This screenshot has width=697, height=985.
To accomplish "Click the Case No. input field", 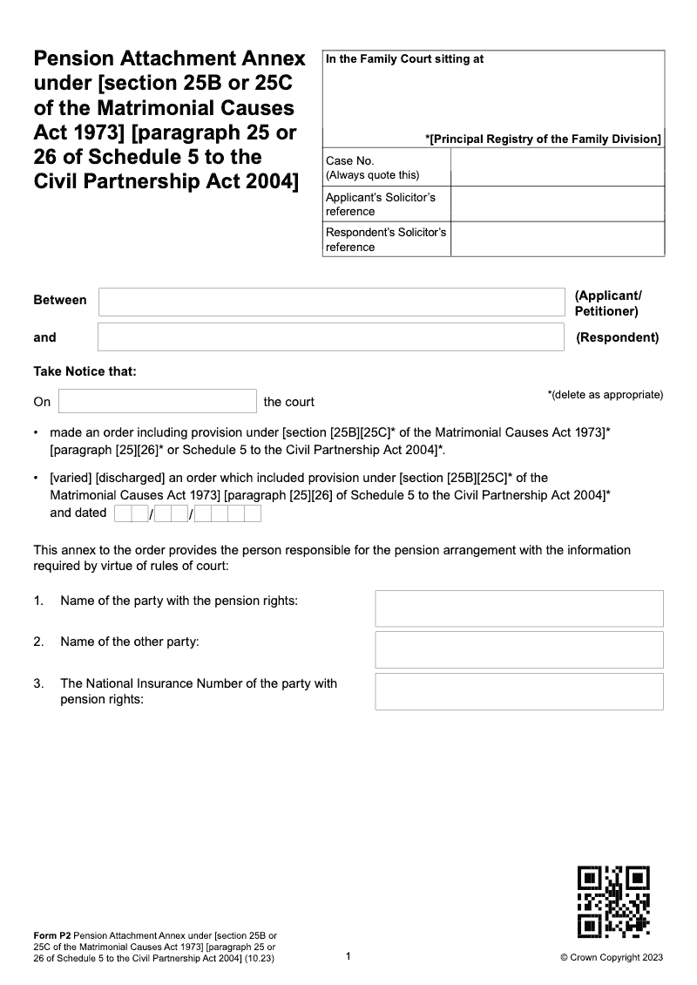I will click(557, 167).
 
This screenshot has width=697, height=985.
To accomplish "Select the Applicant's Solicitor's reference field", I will click(557, 204).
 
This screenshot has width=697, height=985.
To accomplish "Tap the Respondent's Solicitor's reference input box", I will click(557, 240).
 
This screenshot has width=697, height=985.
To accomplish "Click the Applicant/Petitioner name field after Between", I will click(331, 302).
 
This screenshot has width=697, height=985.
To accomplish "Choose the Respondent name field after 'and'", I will click(331, 337).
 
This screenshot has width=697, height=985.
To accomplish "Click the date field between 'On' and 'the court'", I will click(158, 401).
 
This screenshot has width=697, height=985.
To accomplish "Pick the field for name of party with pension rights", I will click(519, 608).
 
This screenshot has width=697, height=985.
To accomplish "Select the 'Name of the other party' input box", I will click(519, 649).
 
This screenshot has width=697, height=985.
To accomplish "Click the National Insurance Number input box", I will click(519, 691).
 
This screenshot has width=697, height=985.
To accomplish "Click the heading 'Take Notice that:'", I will click(85, 371).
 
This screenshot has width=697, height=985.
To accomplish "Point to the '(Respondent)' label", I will click(618, 337).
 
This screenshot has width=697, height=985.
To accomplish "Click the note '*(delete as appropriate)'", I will click(606, 395).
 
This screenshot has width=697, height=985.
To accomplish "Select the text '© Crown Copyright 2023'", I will click(612, 957).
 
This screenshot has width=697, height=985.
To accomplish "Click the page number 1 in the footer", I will click(348, 956).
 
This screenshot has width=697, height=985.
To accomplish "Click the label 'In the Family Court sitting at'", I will click(404, 59).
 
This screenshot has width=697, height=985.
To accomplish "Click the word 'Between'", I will click(60, 300).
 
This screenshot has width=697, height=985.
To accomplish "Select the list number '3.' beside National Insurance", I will click(39, 683).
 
